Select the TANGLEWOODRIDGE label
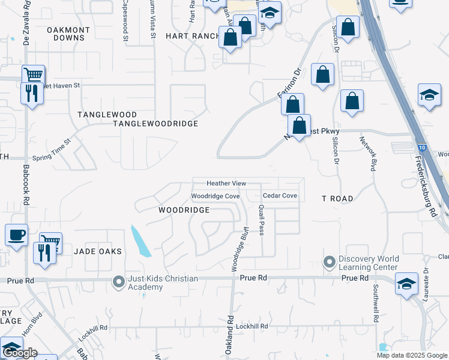[x=155, y=124]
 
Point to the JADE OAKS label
[x=98, y=251]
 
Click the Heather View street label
[x=226, y=183]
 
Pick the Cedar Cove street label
[x=280, y=196]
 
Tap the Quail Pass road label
[x=262, y=220]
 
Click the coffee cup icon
[x=16, y=234]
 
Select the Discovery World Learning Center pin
[x=328, y=262]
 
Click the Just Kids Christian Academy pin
[x=119, y=280]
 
